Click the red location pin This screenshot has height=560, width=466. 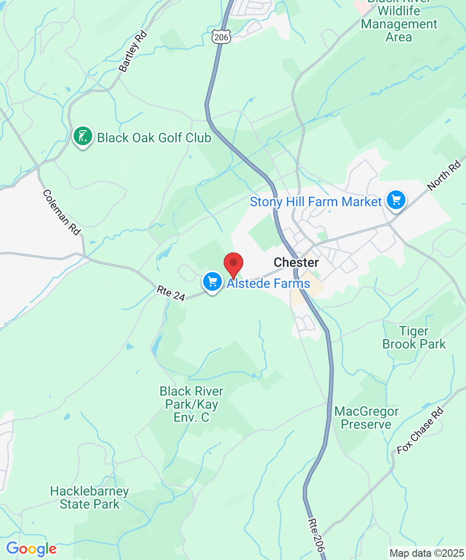point(233,265)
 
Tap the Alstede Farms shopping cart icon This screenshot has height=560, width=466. point(212,282)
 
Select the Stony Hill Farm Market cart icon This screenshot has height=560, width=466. point(396,200)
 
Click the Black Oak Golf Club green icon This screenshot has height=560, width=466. point(82,136)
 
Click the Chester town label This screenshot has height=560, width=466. point(296,263)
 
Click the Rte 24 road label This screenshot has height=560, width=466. point(171,294)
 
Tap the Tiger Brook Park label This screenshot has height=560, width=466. point(414,338)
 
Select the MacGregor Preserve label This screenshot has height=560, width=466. point(366,418)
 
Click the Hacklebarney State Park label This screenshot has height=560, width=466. point(89,497)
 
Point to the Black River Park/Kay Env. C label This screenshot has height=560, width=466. point(192,404)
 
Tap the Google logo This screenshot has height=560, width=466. point(31,549)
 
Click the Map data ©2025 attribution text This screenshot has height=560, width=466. point(425,553)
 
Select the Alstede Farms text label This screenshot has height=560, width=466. point(268,284)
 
